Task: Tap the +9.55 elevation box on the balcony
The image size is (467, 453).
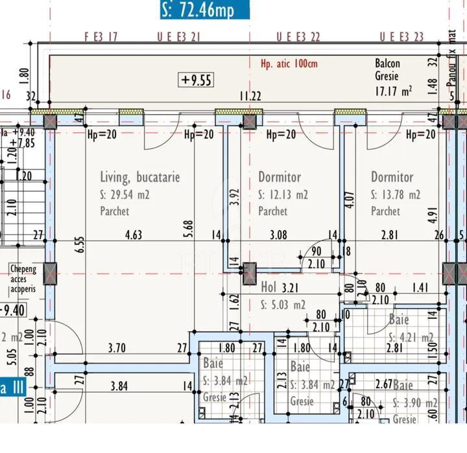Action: [x=197, y=80]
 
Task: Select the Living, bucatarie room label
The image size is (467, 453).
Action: [x=139, y=177]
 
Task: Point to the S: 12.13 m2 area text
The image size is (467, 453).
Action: [x=283, y=194]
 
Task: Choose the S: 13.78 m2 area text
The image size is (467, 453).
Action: [x=396, y=194]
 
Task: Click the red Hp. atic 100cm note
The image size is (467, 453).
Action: [x=289, y=64]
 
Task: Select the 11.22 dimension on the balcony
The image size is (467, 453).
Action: [x=250, y=97]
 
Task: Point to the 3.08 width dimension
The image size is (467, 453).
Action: [x=278, y=235]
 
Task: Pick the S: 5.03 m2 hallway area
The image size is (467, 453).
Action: [x=282, y=304]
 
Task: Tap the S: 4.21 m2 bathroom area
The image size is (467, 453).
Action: [x=411, y=337]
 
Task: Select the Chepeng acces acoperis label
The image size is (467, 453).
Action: [x=23, y=279]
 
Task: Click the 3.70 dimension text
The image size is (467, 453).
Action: [x=117, y=348]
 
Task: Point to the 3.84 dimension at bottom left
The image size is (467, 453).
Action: [x=119, y=387]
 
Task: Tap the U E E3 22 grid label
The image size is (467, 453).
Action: [x=298, y=37]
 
